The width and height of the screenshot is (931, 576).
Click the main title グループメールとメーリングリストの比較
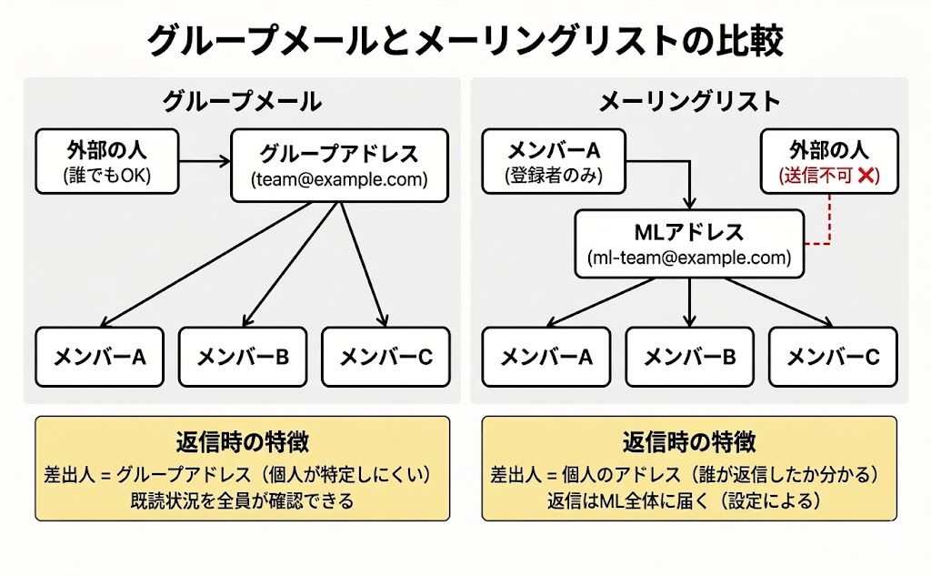pos(465,41)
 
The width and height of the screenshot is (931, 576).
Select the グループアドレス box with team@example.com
pos(339,165)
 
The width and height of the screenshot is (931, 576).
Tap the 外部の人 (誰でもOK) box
pos(106,161)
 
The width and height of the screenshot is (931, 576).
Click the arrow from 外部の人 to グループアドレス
pos(205,162)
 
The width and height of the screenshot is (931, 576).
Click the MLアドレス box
pos(689,244)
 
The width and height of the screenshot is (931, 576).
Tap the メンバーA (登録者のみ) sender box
pos(554,162)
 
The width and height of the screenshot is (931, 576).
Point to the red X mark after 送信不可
pos(867,177)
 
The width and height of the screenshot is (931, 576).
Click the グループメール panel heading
pos(242,101)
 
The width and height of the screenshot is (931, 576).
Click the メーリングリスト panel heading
pos(689,101)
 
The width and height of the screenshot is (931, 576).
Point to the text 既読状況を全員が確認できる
pos(242,500)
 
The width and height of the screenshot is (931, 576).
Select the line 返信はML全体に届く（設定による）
pos(689,500)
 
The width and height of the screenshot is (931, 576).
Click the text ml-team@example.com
pos(689,258)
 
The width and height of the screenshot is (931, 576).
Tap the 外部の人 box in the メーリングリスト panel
pos(828,162)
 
